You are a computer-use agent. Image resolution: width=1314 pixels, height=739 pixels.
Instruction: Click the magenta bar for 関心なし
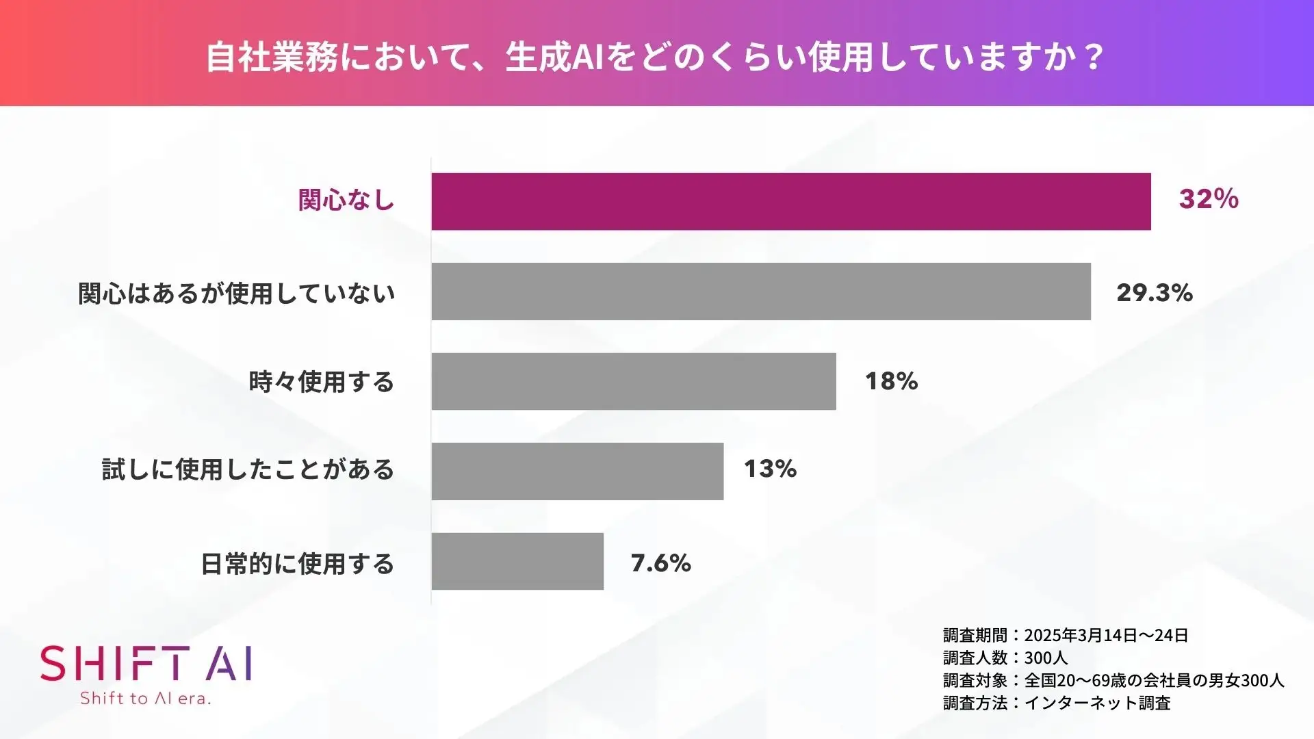click(791, 201)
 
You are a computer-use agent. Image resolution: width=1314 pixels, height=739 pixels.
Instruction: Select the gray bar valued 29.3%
click(761, 291)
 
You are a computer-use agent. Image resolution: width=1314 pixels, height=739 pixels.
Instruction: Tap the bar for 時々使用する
click(634, 381)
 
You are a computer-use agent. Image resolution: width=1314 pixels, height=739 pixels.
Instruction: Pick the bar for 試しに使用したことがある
click(577, 471)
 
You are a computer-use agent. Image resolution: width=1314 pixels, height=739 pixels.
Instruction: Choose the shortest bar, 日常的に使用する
click(517, 561)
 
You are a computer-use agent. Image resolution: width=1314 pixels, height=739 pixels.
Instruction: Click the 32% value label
click(1209, 199)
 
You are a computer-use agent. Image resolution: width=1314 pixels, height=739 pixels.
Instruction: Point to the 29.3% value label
click(1155, 293)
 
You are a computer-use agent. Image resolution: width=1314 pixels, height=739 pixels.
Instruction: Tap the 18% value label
click(891, 381)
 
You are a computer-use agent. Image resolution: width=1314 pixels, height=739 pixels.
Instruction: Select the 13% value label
click(770, 469)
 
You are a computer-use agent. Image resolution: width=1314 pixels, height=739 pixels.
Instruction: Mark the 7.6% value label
click(660, 563)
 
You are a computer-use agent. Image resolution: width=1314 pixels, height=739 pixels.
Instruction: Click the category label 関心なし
click(346, 200)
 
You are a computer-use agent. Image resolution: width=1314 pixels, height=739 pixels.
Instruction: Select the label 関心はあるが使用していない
click(237, 293)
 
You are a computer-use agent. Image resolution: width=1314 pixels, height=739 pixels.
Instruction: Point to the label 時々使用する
click(321, 381)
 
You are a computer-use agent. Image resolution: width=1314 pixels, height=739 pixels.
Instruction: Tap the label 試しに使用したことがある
click(248, 469)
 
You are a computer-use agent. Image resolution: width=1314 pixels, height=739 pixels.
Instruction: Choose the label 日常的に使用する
click(297, 564)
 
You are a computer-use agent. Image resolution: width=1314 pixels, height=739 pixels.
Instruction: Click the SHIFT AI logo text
click(146, 664)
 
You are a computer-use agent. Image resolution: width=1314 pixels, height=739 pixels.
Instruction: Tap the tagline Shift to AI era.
click(145, 699)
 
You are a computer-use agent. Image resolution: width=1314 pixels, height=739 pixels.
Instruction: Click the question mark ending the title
click(1094, 57)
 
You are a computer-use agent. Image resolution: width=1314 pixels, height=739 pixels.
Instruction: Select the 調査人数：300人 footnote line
click(1005, 658)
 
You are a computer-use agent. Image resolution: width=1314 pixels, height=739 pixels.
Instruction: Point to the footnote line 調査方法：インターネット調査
click(1057, 703)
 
